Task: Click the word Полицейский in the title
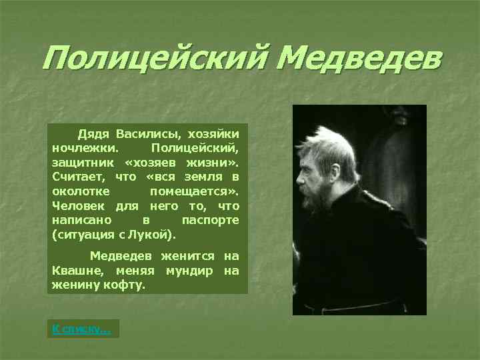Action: [153, 62]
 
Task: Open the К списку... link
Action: [82, 329]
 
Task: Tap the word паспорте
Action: [210, 220]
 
